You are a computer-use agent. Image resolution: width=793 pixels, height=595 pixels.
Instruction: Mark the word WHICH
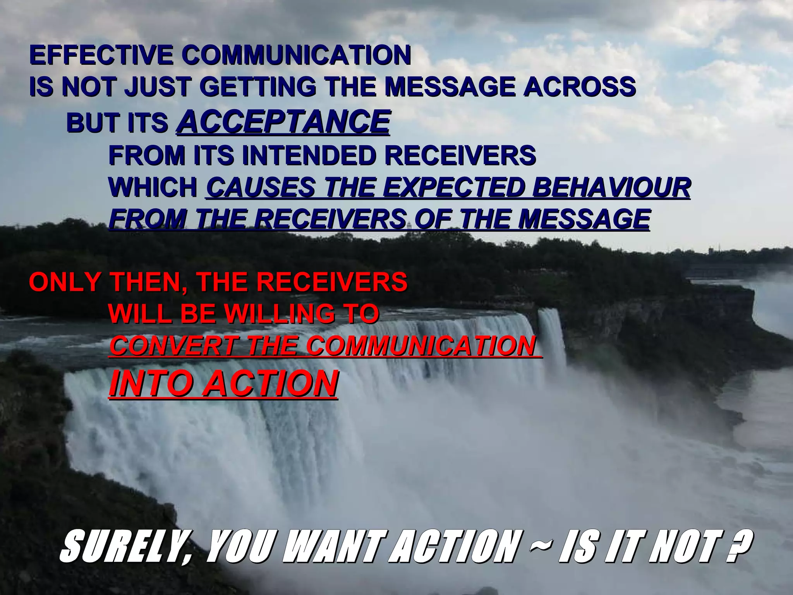153,187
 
